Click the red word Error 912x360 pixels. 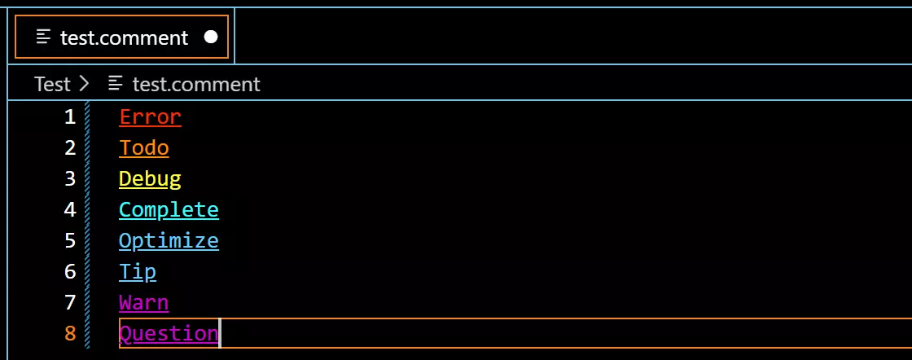[150, 117]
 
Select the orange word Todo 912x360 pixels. [143, 147]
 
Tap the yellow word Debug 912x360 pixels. [150, 179]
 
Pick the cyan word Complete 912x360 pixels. [169, 209]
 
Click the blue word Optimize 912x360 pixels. [169, 241]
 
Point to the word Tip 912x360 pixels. [138, 271]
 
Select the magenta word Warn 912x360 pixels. [143, 302]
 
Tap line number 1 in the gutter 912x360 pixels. [70, 117]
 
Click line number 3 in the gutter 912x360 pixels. [70, 178]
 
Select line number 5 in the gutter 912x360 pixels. [70, 240]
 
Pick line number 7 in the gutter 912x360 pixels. [70, 302]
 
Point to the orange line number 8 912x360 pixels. [70, 333]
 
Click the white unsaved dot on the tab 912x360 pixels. [211, 37]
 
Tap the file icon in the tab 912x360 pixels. [43, 37]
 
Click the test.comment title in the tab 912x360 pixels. [125, 37]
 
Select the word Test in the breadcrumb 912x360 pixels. [52, 85]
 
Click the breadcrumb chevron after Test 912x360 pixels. [84, 85]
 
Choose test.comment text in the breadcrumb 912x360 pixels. [196, 85]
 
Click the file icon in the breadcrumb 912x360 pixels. [116, 84]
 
